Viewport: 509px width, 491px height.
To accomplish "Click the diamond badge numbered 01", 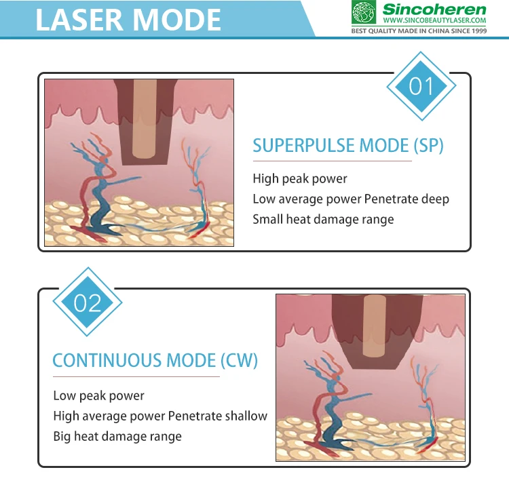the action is (x=421, y=86).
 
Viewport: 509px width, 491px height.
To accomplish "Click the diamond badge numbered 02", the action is (x=88, y=302).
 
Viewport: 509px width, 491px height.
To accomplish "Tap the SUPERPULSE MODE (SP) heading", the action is (x=347, y=145).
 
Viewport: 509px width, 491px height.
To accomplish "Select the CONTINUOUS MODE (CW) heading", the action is (x=155, y=360).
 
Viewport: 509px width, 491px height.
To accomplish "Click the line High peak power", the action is (x=299, y=179).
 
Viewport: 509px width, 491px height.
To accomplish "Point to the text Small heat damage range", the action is (x=323, y=219).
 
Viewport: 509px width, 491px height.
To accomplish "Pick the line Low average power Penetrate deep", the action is (x=351, y=199).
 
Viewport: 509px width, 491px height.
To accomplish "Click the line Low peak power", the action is (x=98, y=395).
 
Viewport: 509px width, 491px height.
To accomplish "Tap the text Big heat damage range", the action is (x=117, y=436).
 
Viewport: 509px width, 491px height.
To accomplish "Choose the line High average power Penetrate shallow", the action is (x=160, y=416).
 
